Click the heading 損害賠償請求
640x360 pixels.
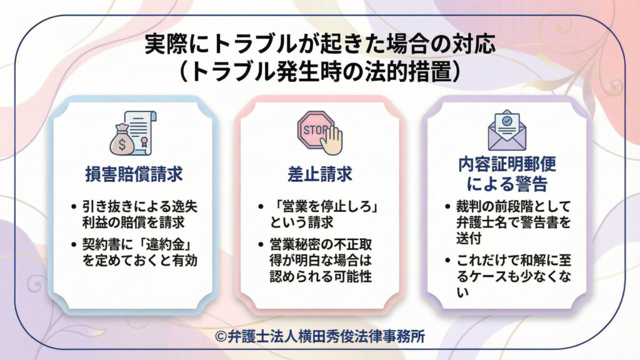pyautogui.click(x=134, y=174)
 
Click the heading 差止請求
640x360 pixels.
pyautogui.click(x=321, y=174)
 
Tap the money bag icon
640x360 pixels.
pyautogui.click(x=121, y=140)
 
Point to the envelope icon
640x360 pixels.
pyautogui.click(x=507, y=132)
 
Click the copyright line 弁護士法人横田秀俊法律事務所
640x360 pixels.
pyautogui.click(x=320, y=337)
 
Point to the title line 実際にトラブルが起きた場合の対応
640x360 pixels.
pyautogui.click(x=320, y=45)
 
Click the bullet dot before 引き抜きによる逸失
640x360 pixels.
pyautogui.click(x=76, y=207)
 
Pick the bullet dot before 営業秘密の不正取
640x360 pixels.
pyautogui.click(x=262, y=245)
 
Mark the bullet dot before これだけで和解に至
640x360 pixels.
pyautogui.click(x=448, y=260)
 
